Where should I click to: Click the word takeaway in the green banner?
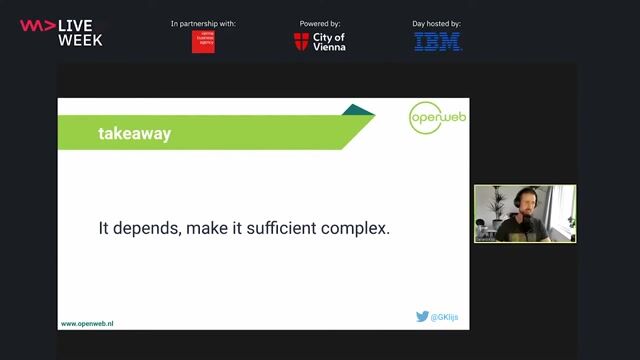pos(134,134)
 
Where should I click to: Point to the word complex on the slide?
pos(355,229)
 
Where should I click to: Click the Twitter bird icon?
pos(422,317)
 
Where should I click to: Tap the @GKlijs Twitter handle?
pos(445,317)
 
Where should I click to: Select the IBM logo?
pos(438,42)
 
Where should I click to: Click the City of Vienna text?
pos(329,42)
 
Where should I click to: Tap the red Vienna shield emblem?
pos(301,42)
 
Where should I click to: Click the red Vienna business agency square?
pos(203,42)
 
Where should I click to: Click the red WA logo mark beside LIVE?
pos(37,25)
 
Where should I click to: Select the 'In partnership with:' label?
pos(203,23)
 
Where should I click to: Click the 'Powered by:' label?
pos(320,23)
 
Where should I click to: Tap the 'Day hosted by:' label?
pos(438,23)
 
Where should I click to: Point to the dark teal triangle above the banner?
pos(357,110)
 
